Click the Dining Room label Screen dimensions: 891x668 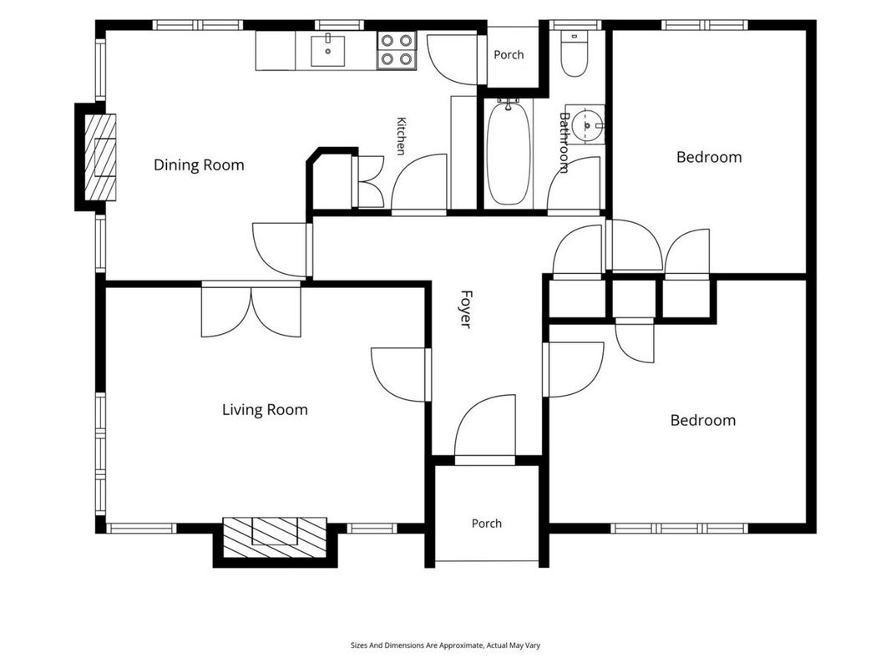click(x=199, y=165)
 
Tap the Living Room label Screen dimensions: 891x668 click(x=265, y=409)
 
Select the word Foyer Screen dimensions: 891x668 click(x=466, y=309)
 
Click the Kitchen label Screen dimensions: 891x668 click(x=401, y=136)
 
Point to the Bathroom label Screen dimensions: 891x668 click(x=564, y=142)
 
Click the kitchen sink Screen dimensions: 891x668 click(x=328, y=51)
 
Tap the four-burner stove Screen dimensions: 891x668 click(x=397, y=50)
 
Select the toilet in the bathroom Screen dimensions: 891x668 click(x=575, y=53)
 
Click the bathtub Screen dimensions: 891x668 click(x=509, y=152)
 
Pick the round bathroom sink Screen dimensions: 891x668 click(x=586, y=124)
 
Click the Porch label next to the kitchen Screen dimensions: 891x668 click(x=509, y=55)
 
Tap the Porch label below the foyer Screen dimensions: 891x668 click(x=487, y=524)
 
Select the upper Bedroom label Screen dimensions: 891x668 click(x=709, y=157)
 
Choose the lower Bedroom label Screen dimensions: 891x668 click(x=703, y=420)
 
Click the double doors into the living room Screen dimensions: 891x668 click(x=251, y=310)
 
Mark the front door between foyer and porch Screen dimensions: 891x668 click(x=485, y=429)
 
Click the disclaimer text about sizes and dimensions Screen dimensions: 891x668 click(x=446, y=645)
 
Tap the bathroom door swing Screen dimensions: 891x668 click(x=574, y=185)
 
